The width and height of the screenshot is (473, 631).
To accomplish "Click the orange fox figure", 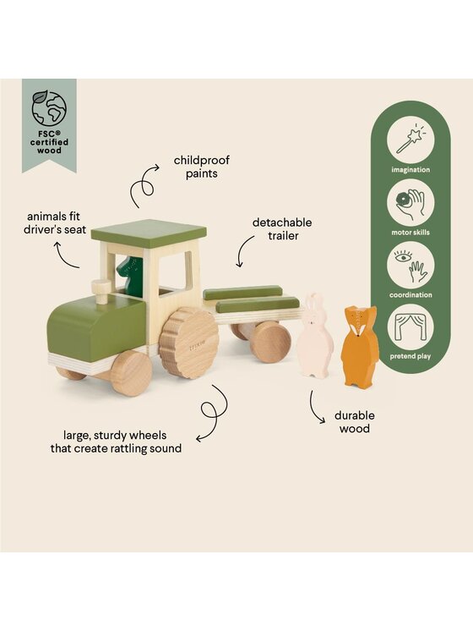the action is (360, 346).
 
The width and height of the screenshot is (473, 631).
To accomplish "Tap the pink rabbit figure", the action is (315, 335).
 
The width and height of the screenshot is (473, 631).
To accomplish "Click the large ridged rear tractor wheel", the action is (189, 343).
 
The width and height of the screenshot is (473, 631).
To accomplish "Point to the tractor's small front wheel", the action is (131, 373).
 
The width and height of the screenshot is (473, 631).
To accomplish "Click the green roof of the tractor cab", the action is (149, 231).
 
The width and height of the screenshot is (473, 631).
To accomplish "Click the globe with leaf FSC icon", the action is (49, 108).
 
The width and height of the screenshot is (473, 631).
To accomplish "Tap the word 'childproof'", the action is (202, 161).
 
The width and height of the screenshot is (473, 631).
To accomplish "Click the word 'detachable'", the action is (282, 222).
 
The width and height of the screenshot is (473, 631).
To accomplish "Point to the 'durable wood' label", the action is (355, 422).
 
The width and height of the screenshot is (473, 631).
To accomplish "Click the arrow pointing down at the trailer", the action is (243, 251).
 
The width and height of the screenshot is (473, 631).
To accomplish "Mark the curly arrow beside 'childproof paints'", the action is (144, 185).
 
